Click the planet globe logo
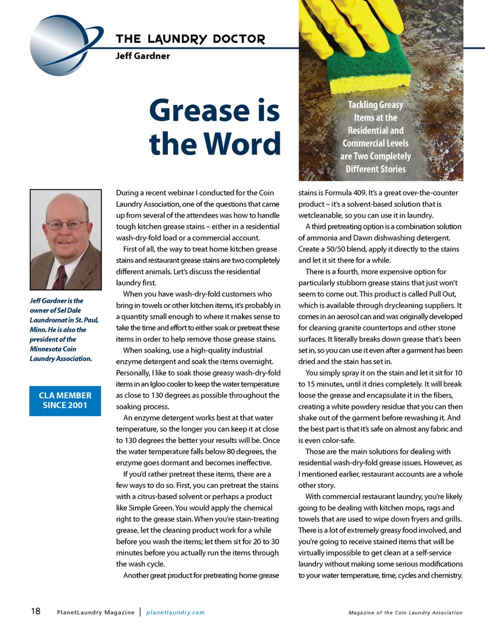[x=61, y=45]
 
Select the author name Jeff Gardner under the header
[x=142, y=56]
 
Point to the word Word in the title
[x=244, y=144]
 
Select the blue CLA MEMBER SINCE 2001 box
[x=65, y=401]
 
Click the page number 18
[x=35, y=611]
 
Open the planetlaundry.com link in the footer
[x=175, y=612]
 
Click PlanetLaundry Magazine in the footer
[x=96, y=612]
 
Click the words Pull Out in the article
[x=442, y=294]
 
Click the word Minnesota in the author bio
[x=46, y=349]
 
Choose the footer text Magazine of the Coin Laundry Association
[x=405, y=612]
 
